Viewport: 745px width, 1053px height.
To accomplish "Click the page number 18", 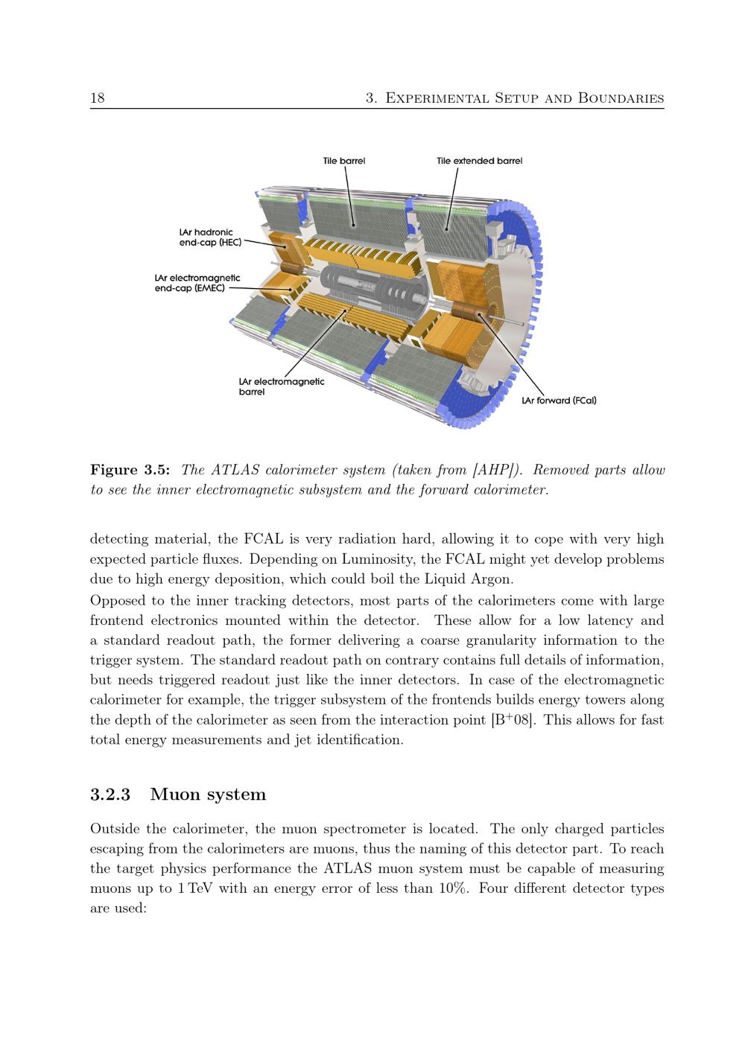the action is tap(98, 98).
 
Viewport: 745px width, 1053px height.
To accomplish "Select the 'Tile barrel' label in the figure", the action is tap(343, 161).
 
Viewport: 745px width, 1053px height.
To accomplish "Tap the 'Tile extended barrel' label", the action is tap(479, 161).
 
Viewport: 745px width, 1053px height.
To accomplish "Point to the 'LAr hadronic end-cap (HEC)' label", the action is tap(210, 238).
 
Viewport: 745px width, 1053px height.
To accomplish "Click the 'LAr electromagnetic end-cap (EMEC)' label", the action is tap(197, 283).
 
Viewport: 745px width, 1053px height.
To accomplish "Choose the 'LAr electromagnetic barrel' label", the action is tap(282, 386).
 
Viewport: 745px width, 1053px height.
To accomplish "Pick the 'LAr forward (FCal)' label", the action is tap(559, 401).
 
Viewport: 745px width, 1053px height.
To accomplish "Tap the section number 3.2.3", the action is tap(110, 794).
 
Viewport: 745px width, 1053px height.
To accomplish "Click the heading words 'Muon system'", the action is tap(208, 795).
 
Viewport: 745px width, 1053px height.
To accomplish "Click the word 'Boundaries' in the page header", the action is tap(621, 98).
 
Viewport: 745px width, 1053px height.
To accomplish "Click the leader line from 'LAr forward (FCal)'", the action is tap(511, 354).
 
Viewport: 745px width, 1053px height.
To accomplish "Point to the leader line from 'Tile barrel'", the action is tap(349, 197).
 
